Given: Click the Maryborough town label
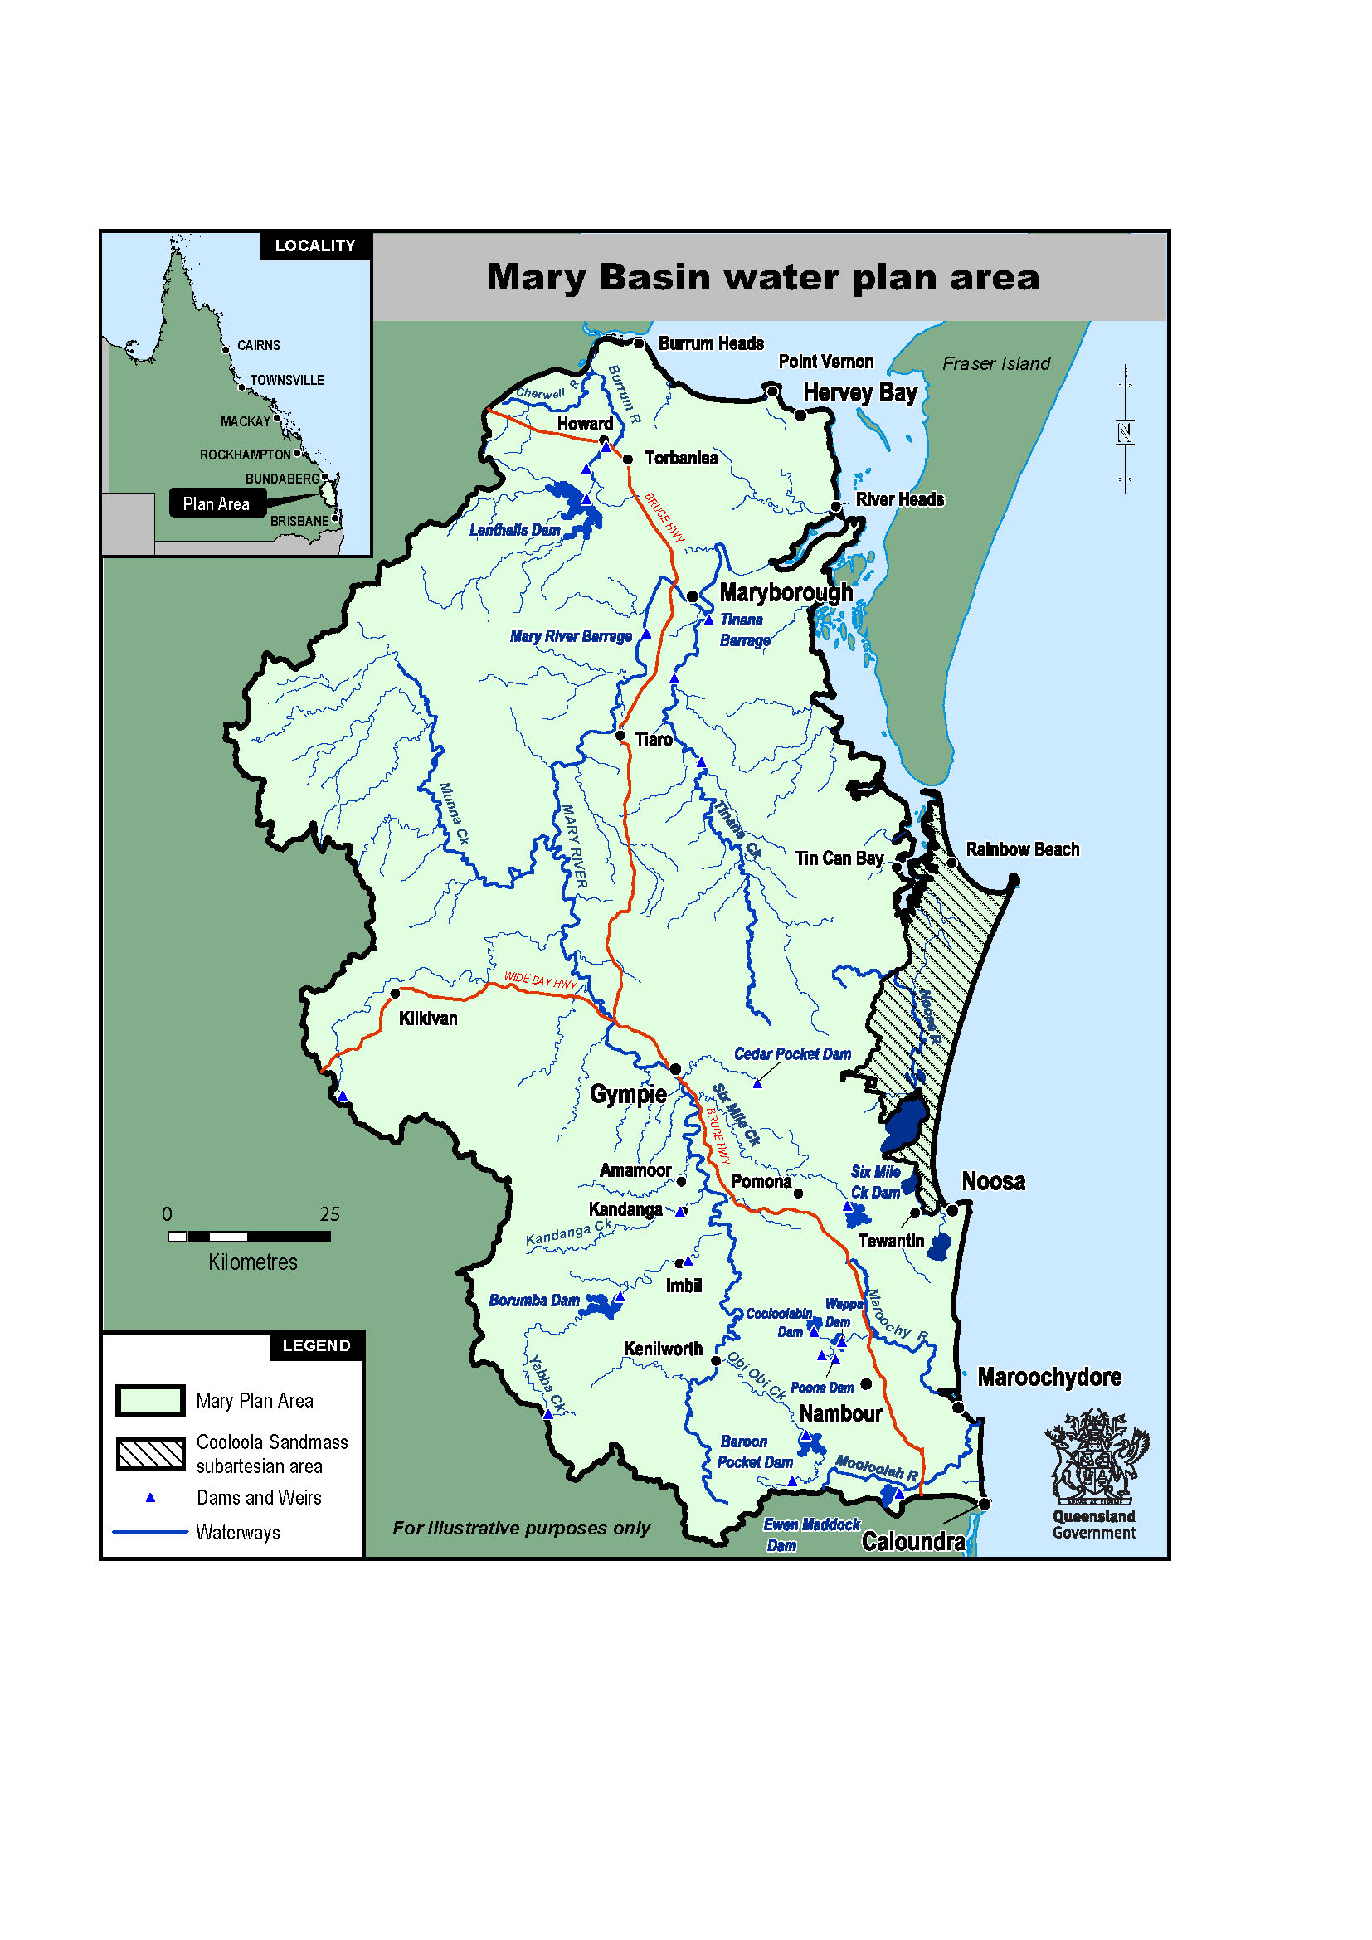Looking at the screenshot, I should (786, 592).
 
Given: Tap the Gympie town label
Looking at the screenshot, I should (628, 1094).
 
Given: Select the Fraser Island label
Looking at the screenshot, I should (996, 363).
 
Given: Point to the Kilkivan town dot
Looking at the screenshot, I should (395, 994).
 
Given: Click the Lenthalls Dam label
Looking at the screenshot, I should (514, 530).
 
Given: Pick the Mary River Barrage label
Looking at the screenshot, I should (570, 636).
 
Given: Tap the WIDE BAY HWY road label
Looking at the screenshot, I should (540, 980).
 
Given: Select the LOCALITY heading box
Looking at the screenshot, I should (315, 246).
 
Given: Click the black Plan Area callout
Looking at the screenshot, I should (217, 503).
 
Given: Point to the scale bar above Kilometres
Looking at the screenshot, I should (249, 1236).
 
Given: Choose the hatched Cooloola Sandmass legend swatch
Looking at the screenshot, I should (150, 1453).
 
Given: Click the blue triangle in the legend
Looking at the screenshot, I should (150, 1497).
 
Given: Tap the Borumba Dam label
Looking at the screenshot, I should (534, 1301).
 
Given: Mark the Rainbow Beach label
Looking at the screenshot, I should (1022, 849).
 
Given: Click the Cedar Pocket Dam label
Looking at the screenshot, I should (791, 1053).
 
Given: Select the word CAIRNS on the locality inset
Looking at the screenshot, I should (258, 346).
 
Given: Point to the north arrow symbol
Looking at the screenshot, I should (1125, 431).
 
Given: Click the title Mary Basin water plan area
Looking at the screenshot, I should (762, 277).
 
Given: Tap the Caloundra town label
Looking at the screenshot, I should (912, 1542).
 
